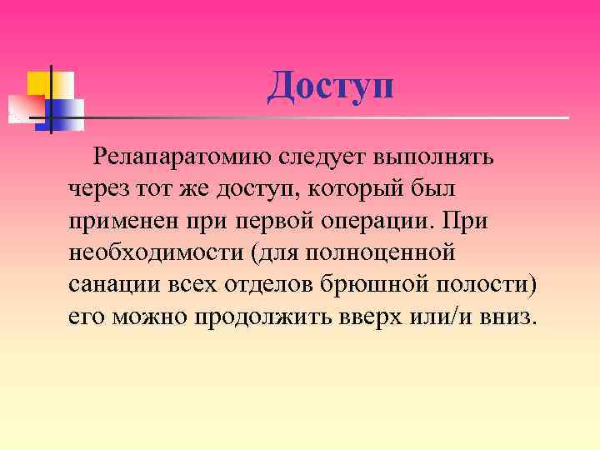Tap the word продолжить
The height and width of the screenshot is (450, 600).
pyautogui.click(x=263, y=317)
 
